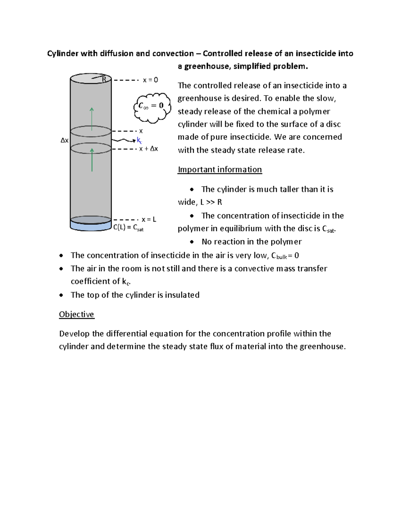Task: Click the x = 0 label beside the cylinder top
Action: tap(150, 80)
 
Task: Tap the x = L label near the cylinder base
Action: tap(149, 220)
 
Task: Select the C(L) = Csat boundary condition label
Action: tap(128, 228)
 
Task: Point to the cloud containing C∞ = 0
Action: tap(152, 107)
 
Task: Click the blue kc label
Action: tap(139, 140)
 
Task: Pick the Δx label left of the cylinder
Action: tap(64, 140)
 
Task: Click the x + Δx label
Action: tap(148, 149)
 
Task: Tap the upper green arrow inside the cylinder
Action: tap(92, 119)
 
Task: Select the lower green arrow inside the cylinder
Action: tap(92, 160)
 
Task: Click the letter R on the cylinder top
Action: tap(104, 79)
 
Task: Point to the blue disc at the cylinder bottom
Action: tap(91, 226)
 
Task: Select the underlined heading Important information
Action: tap(220, 169)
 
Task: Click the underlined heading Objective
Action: tap(77, 314)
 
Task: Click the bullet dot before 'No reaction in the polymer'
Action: tap(192, 242)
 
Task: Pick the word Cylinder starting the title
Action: tap(62, 53)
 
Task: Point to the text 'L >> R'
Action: tap(211, 202)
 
